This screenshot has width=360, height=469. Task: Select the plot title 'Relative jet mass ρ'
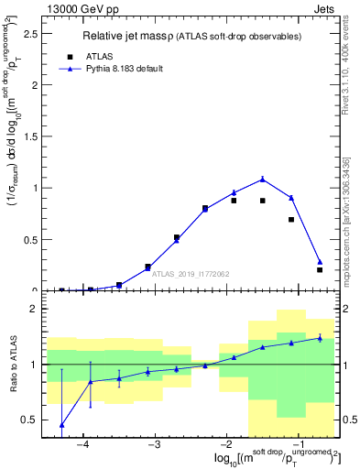tap(137, 36)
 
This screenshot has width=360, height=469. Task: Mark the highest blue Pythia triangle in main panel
tap(263, 179)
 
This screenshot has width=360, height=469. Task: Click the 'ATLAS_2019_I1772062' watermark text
tap(191, 273)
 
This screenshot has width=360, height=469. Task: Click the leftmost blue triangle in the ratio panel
tap(61, 425)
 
